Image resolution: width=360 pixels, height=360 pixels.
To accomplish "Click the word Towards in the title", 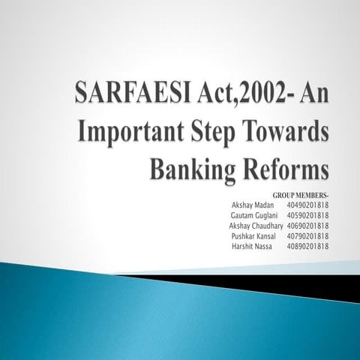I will pyautogui.click(x=288, y=133).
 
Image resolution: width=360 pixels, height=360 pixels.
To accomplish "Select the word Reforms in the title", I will pyautogui.click(x=285, y=168).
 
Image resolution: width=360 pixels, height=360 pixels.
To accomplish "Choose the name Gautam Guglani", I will pyautogui.click(x=256, y=214).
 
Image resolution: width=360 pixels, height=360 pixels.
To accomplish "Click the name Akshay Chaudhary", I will pyautogui.click(x=256, y=225).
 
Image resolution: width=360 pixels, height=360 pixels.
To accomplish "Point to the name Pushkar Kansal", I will pyautogui.click(x=254, y=235).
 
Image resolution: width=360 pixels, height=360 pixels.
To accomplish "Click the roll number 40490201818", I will pyautogui.click(x=307, y=204).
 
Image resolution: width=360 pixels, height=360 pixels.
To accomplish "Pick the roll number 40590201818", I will pyautogui.click(x=307, y=214).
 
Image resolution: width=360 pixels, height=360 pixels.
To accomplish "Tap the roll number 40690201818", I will pyautogui.click(x=307, y=225).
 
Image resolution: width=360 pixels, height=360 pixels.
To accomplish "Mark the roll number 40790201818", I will pyautogui.click(x=307, y=235).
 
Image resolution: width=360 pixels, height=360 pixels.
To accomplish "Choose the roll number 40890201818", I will pyautogui.click(x=307, y=246).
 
